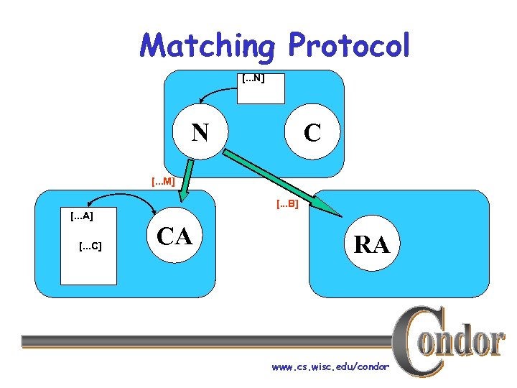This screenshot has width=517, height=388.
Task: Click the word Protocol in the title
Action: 349,46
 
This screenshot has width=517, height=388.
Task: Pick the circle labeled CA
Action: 174,236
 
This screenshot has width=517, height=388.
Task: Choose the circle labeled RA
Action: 371,245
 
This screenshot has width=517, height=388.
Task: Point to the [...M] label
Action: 163,182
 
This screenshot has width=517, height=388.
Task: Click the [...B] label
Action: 287,205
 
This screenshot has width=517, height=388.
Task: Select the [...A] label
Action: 81,216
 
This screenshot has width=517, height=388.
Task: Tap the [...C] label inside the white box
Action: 90,246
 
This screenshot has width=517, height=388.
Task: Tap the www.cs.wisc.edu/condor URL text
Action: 330,367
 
